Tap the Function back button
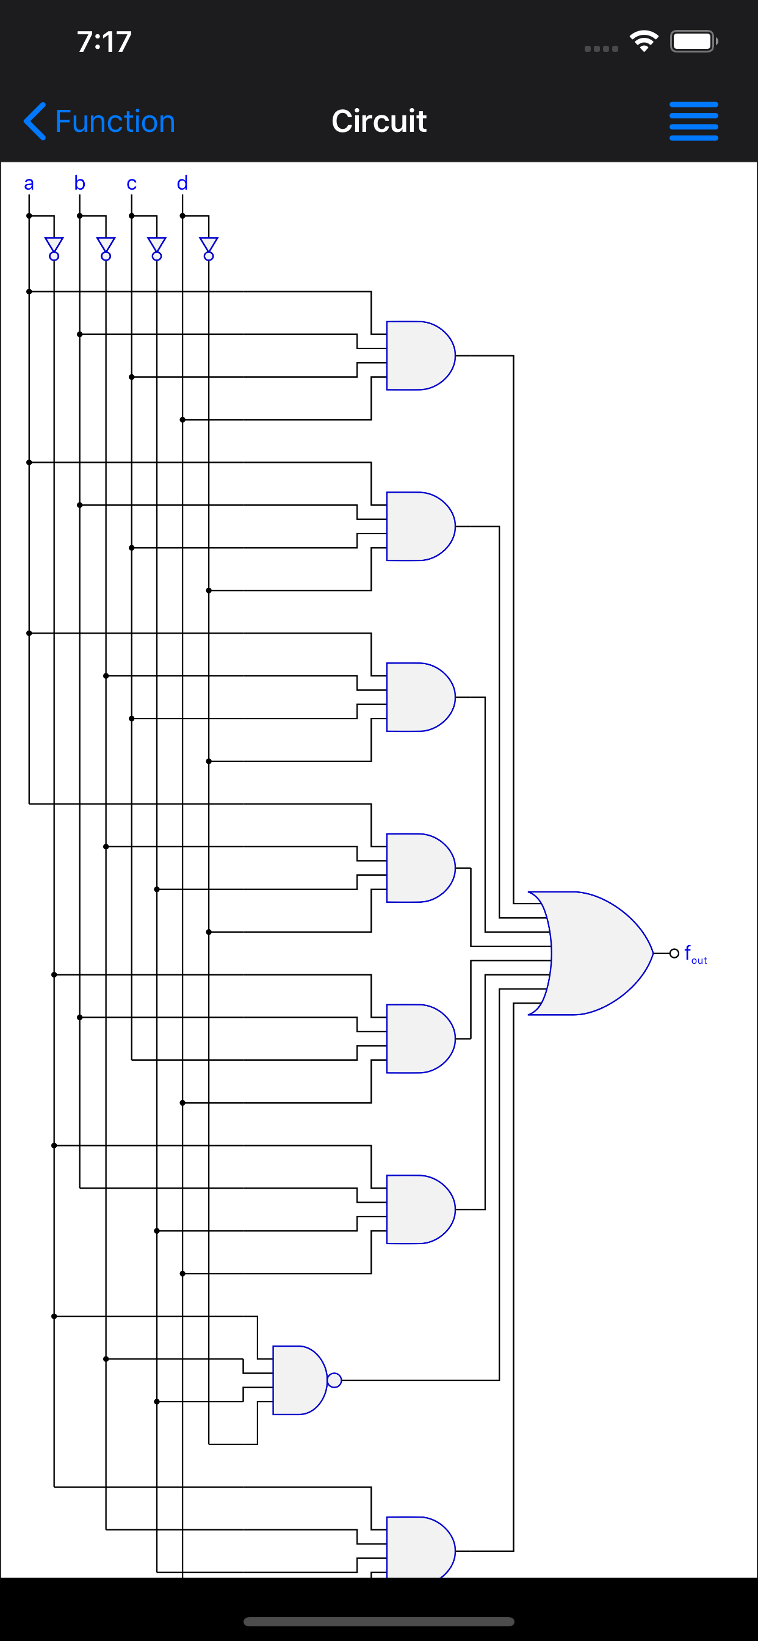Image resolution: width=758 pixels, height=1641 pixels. pos(99,121)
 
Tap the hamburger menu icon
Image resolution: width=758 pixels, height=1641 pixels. pos(693,121)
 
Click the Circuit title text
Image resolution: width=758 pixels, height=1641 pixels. pos(378,121)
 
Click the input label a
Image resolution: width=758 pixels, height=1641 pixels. pos(29,184)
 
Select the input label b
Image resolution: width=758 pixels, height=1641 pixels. pos(79,184)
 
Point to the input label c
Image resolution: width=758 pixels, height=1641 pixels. pos(131,184)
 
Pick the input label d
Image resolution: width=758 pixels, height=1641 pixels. pos(182,184)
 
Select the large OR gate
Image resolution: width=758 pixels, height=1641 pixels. pos(593,953)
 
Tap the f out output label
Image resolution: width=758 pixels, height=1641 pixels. pos(695,955)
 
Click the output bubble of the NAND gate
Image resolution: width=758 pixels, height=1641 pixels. pos(334,1380)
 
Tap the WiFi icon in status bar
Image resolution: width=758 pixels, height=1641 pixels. pos(643,42)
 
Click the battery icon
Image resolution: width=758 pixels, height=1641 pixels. pos(693,42)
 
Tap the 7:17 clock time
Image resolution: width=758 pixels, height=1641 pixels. pos(104,42)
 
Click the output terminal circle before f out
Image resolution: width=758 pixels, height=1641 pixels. pos(674,953)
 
